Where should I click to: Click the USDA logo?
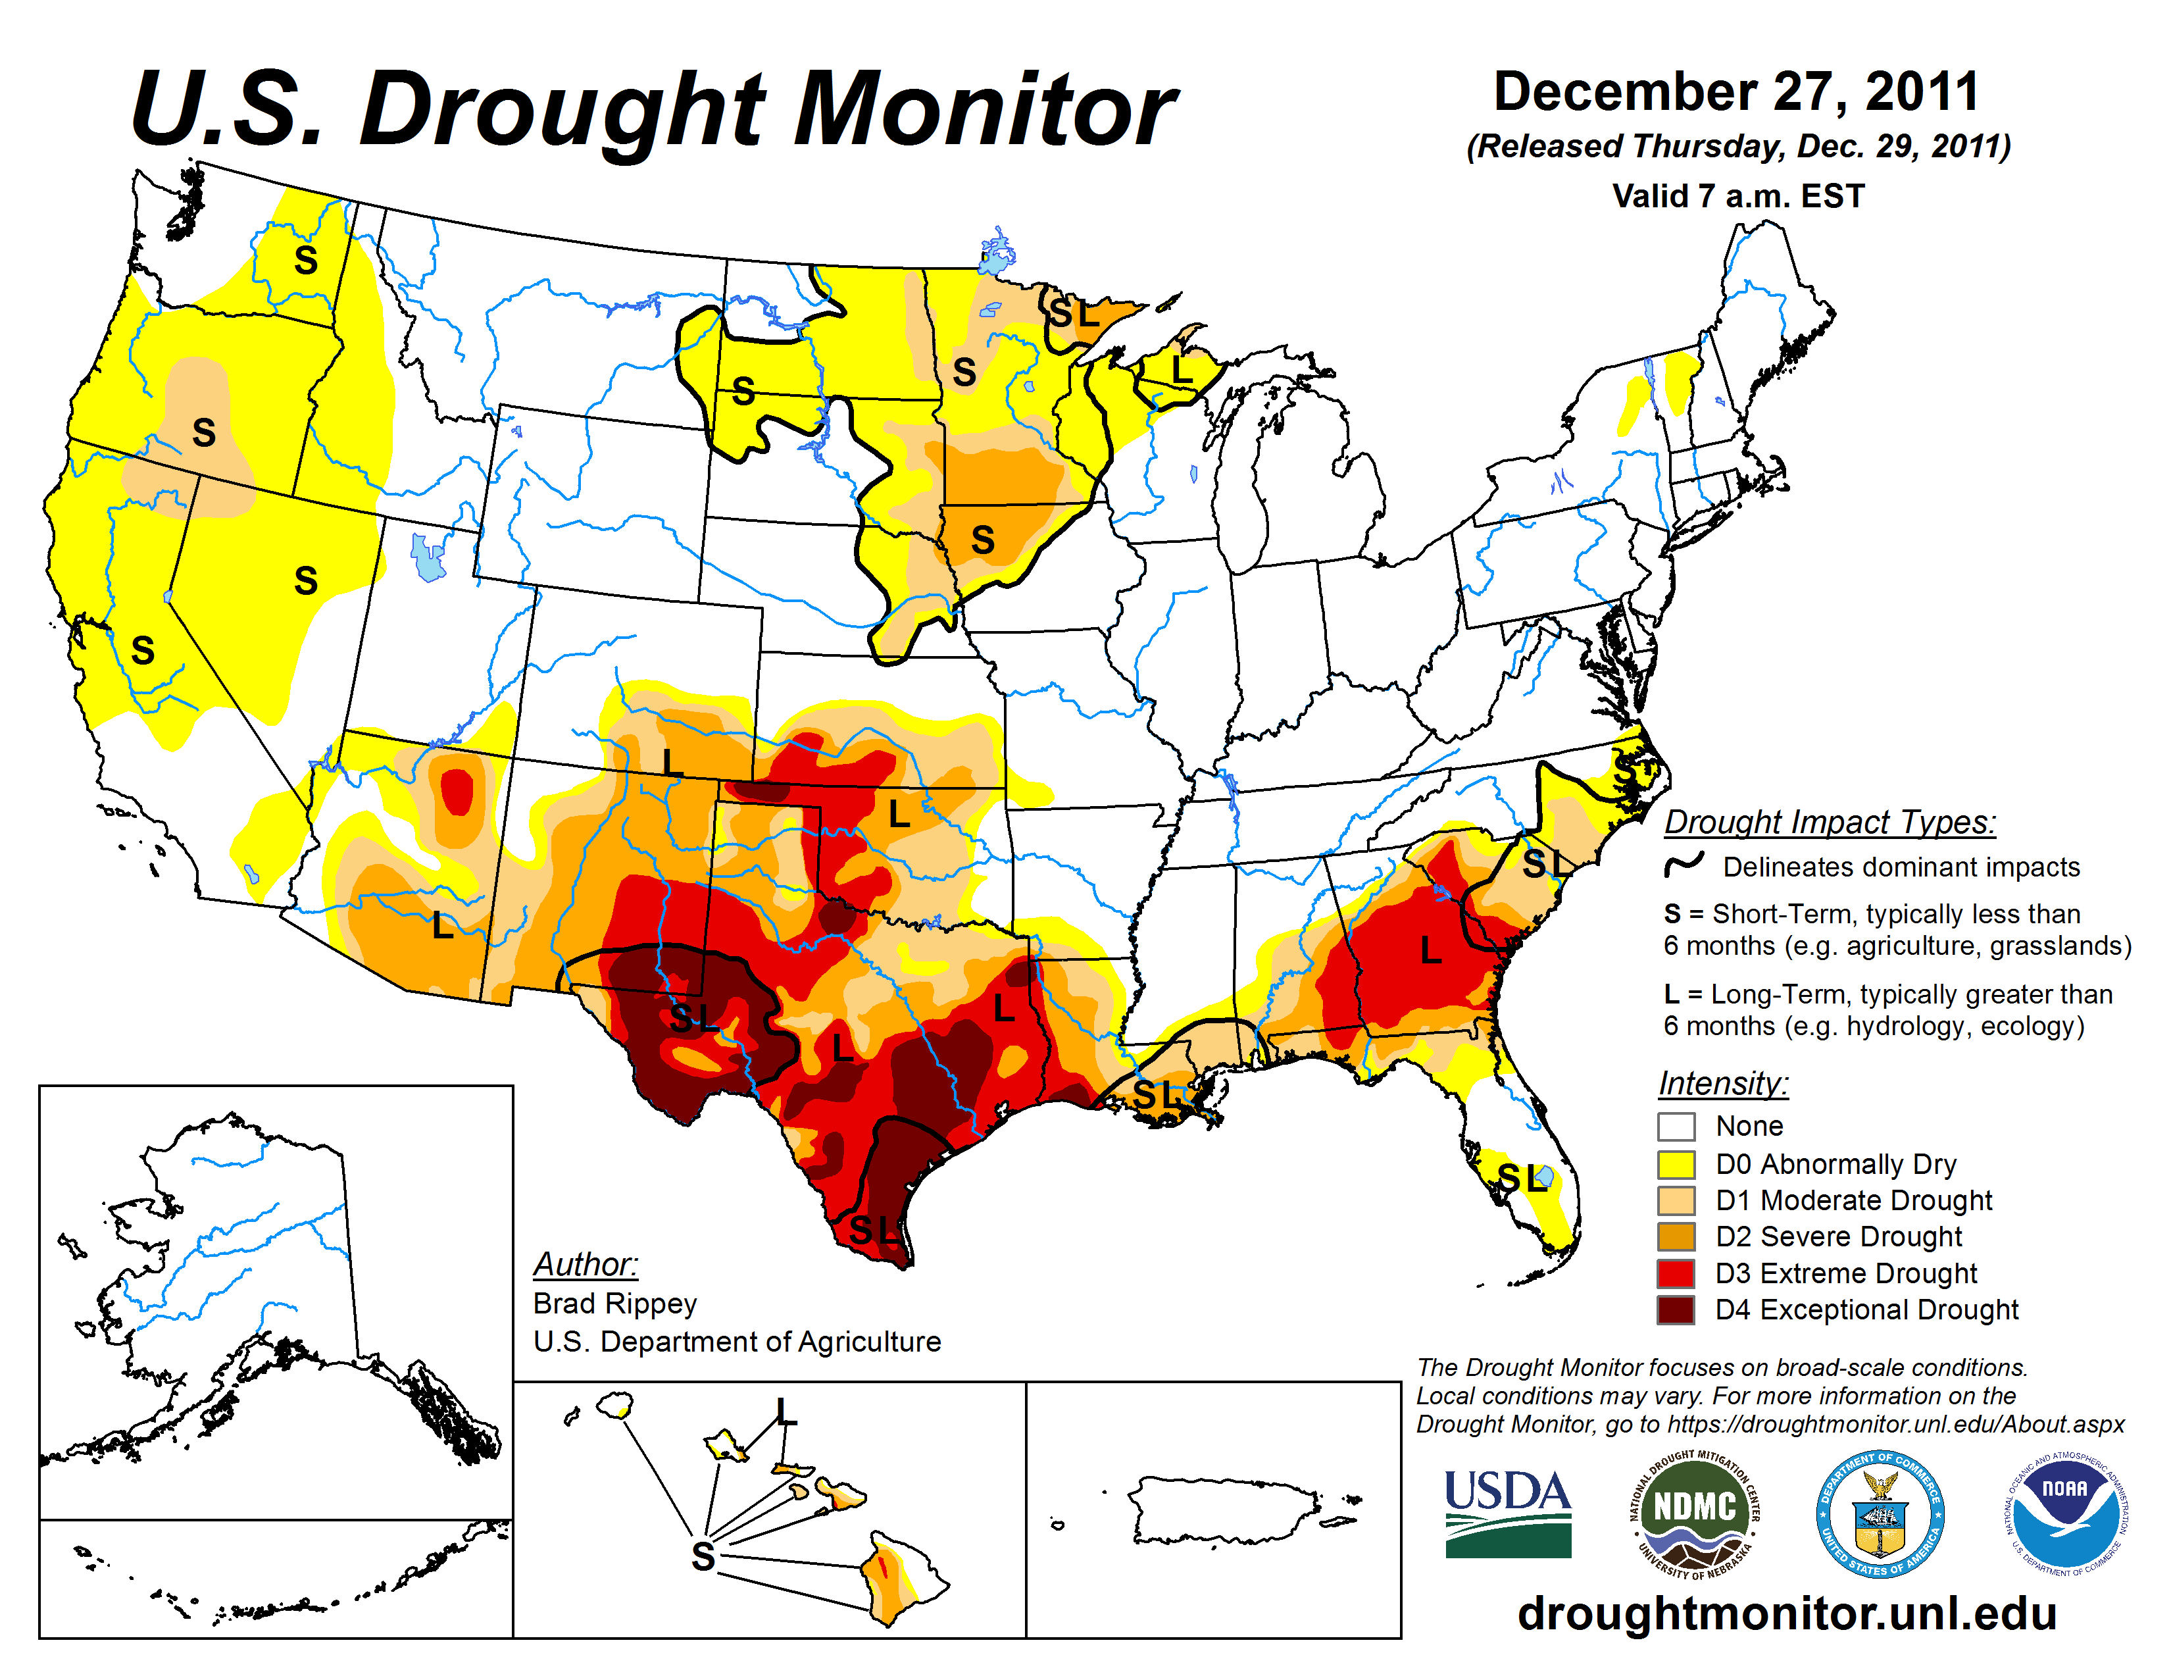[x=1507, y=1513]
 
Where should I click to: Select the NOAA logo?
[x=2064, y=1513]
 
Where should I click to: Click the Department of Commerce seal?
[x=1880, y=1513]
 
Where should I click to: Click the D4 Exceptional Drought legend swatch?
[x=1676, y=1310]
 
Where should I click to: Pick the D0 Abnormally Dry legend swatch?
[x=1676, y=1164]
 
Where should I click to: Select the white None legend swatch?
[x=1676, y=1127]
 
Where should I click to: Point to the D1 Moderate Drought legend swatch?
[x=1676, y=1201]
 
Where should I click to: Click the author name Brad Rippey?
[x=614, y=1303]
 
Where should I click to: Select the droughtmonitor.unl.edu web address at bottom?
[x=1786, y=1612]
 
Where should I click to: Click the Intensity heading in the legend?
[x=1723, y=1082]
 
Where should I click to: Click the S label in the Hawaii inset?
[x=703, y=1556]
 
